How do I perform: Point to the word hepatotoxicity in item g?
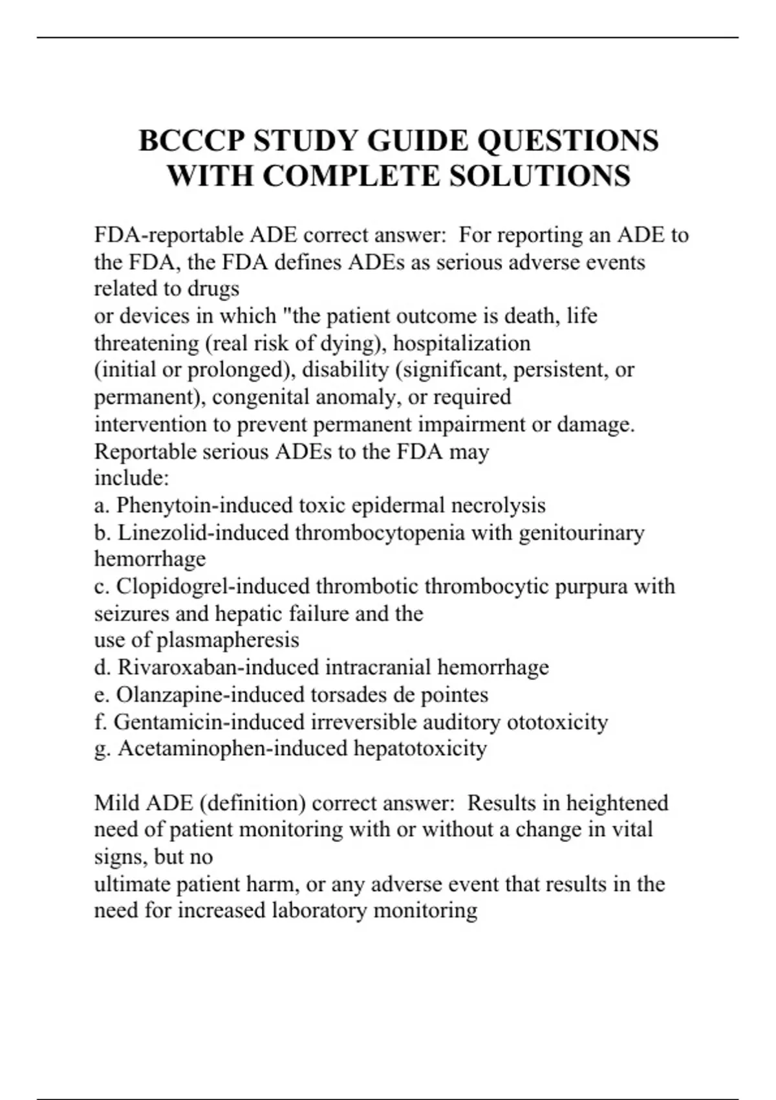click(x=420, y=749)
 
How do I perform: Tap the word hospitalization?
click(x=462, y=343)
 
